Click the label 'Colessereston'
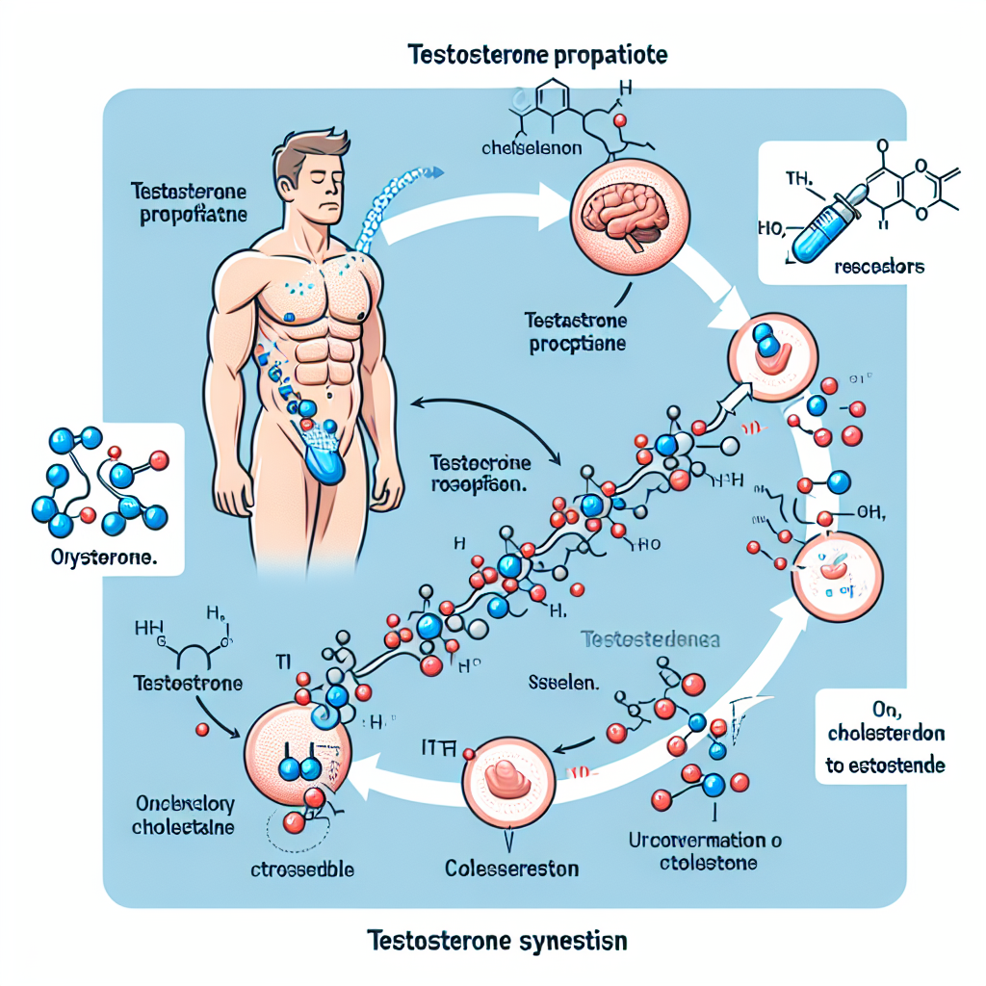tap(512, 869)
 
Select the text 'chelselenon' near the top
tap(521, 150)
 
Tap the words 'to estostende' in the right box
tap(885, 766)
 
